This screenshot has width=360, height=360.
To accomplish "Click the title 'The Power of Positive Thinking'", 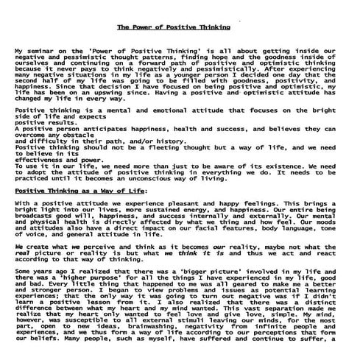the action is [174, 27].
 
